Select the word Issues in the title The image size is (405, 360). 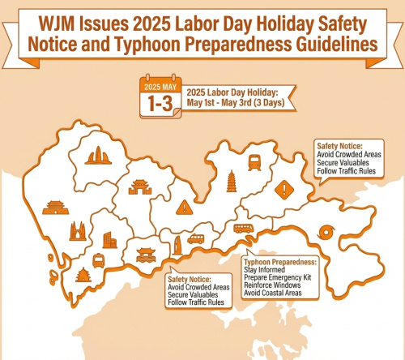108,20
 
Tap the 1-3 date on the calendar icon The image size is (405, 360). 159,103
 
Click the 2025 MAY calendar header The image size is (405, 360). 159,86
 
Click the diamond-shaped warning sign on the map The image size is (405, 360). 284,191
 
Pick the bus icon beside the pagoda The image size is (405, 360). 254,162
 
